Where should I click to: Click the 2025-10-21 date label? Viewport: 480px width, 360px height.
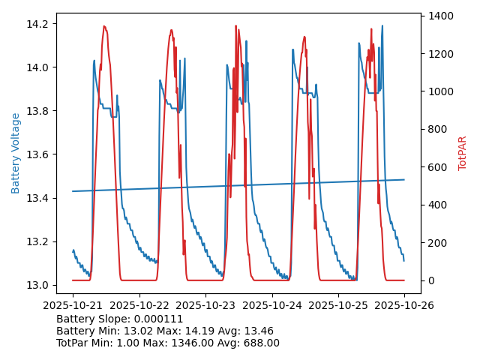click(73, 306)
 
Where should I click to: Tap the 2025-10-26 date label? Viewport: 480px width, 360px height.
click(404, 306)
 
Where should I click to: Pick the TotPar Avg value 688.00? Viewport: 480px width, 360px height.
click(257, 343)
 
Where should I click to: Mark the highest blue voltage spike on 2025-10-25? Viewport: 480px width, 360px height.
click(382, 26)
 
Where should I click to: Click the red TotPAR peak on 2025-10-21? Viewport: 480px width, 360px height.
click(104, 27)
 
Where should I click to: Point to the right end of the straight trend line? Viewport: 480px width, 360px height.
click(404, 179)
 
